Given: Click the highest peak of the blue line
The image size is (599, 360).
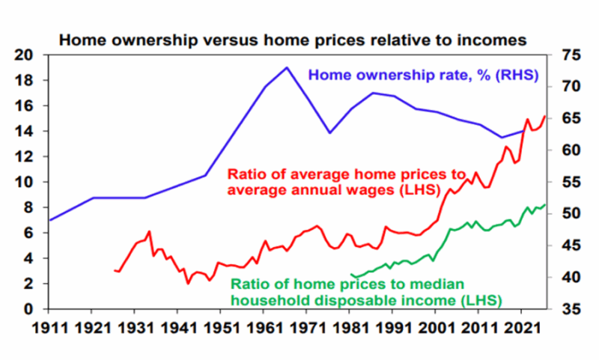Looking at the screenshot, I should click(286, 67).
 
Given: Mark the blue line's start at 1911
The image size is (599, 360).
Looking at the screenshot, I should click(49, 220).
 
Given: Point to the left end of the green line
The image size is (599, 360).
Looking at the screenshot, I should click(351, 274).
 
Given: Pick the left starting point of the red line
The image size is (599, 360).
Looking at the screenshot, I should click(114, 270).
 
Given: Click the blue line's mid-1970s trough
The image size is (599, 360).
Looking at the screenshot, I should click(329, 132).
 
